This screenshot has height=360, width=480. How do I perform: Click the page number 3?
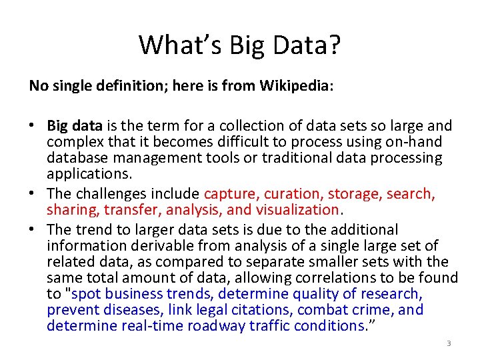pyautogui.click(x=449, y=343)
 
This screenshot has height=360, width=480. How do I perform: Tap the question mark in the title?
pyautogui.click(x=333, y=45)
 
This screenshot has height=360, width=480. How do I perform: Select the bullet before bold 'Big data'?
pyautogui.click(x=33, y=126)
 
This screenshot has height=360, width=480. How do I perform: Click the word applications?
pyautogui.click(x=89, y=174)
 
